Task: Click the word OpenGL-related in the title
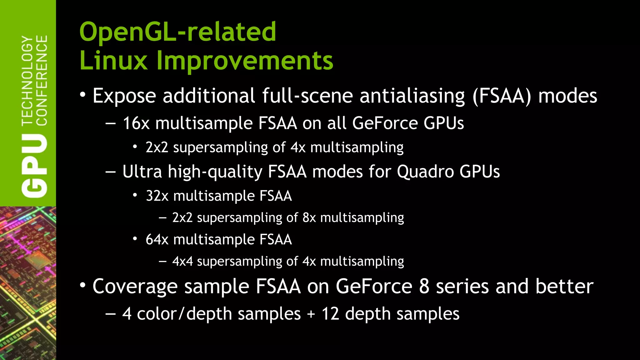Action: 177,32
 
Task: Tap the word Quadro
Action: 425,172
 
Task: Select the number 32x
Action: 157,196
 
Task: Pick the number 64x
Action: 157,240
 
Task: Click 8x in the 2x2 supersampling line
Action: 309,218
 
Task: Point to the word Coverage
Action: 135,287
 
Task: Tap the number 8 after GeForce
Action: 424,287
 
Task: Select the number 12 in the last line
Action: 330,314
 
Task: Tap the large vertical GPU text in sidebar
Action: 35,166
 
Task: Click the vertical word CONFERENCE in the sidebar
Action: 42,80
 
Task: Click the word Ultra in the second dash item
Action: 142,172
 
